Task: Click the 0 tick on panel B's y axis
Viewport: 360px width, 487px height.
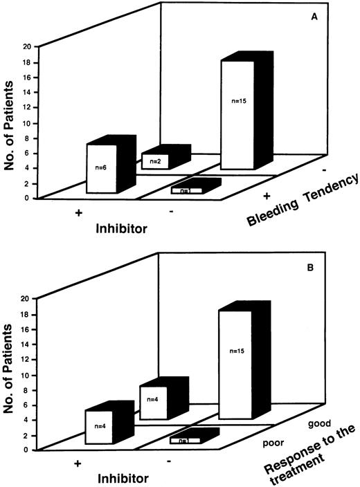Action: [x=28, y=450]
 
